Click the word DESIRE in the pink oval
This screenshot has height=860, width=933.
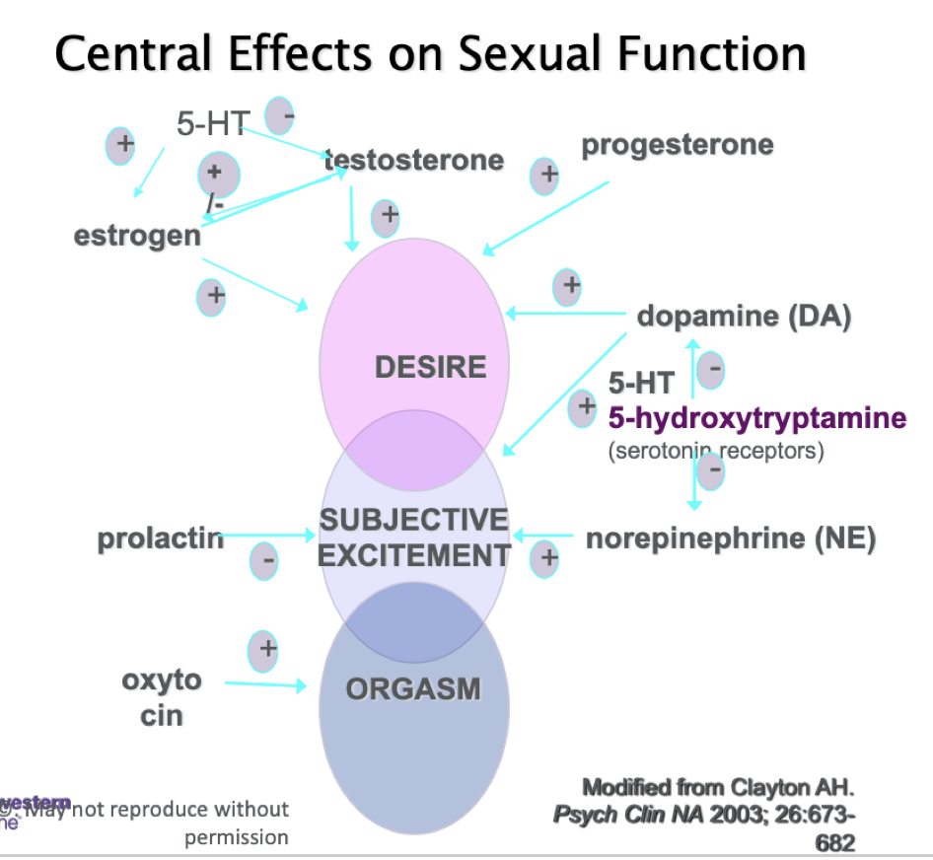point(430,368)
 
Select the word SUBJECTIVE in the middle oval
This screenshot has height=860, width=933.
point(414,521)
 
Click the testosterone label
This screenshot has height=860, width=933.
point(414,160)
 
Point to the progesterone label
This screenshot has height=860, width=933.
point(678,145)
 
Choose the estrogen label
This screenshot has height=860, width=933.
point(137,237)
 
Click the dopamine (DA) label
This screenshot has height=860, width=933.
point(744,318)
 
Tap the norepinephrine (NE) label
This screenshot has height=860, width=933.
point(731,539)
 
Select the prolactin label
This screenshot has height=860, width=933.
point(160,539)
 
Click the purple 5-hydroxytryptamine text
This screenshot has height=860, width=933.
point(756,418)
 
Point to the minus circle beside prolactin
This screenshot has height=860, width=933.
point(263,560)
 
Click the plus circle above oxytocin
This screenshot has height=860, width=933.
point(263,650)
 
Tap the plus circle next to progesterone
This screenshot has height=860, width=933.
point(545,176)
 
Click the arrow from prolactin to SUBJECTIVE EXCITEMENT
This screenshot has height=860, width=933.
point(268,537)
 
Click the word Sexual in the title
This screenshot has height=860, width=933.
point(531,55)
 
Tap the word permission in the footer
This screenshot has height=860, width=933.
point(236,837)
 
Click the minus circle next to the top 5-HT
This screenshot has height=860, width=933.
point(280,115)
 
